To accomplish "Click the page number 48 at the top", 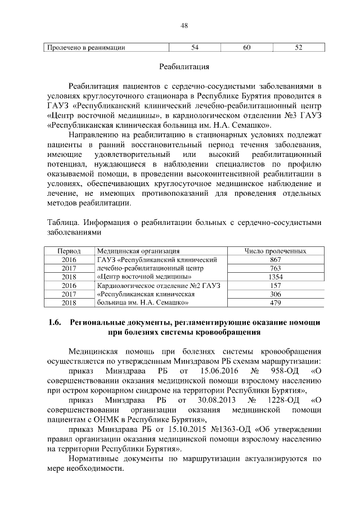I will click(x=184, y=25).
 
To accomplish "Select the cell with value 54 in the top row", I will click(x=195, y=48).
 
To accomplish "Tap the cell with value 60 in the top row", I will click(x=246, y=48).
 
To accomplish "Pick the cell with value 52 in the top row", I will click(x=298, y=48).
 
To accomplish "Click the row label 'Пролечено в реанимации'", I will click(x=86, y=48).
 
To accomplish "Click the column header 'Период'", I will click(x=70, y=251).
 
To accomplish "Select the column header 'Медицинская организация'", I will click(x=138, y=251).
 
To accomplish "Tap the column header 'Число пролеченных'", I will click(x=275, y=251).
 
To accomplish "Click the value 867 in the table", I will click(x=275, y=259).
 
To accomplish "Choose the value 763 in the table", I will click(x=275, y=268).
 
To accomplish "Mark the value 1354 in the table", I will click(x=275, y=277).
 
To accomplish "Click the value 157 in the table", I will click(x=275, y=285).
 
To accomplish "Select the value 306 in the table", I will click(x=275, y=294).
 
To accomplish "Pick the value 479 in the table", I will click(x=275, y=303).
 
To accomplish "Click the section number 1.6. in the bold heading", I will click(x=54, y=323).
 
